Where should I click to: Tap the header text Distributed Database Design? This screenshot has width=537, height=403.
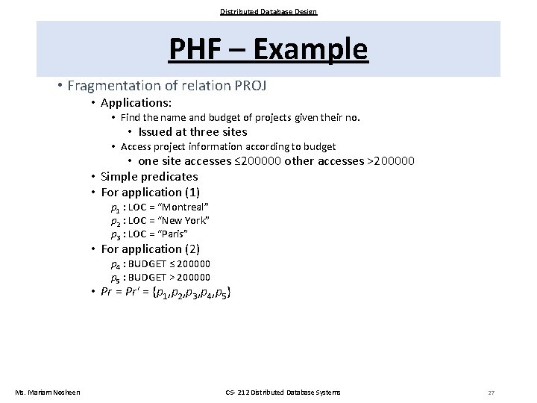[268, 11]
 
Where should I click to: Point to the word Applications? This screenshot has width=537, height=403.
[136, 101]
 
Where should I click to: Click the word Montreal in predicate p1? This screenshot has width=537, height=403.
[184, 206]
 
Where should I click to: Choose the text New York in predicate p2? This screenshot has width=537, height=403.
[186, 220]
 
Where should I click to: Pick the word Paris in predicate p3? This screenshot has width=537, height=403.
[178, 234]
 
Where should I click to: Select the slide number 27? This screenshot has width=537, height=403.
[491, 393]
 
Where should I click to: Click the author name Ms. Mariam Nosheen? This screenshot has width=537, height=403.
[48, 393]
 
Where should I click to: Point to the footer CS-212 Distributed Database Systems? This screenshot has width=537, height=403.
[283, 393]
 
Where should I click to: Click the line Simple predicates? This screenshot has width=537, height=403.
[149, 176]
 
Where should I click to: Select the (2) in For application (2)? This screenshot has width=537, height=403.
[192, 249]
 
